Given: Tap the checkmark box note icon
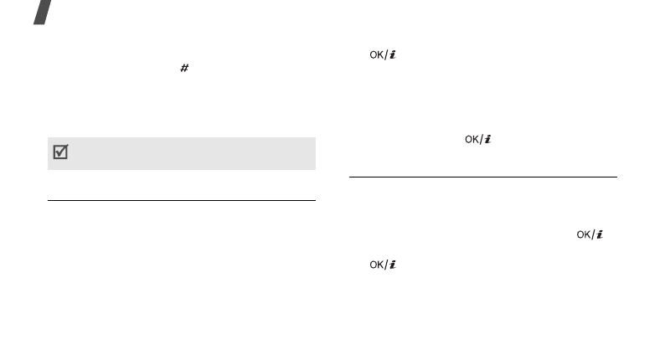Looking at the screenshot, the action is (x=60, y=154).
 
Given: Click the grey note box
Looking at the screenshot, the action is (x=181, y=154).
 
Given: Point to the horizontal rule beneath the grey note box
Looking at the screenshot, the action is (x=181, y=200).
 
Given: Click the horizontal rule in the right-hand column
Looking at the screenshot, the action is (x=482, y=177).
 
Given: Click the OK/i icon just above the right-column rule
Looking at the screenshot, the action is (x=478, y=140).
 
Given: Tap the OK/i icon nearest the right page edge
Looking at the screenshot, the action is (x=590, y=236).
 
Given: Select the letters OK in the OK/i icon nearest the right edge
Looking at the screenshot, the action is (x=584, y=236).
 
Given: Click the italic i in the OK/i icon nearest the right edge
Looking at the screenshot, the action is (x=600, y=236).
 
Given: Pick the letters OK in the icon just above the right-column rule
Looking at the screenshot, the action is (x=472, y=140).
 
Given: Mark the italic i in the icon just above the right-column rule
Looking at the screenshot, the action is (x=487, y=140).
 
